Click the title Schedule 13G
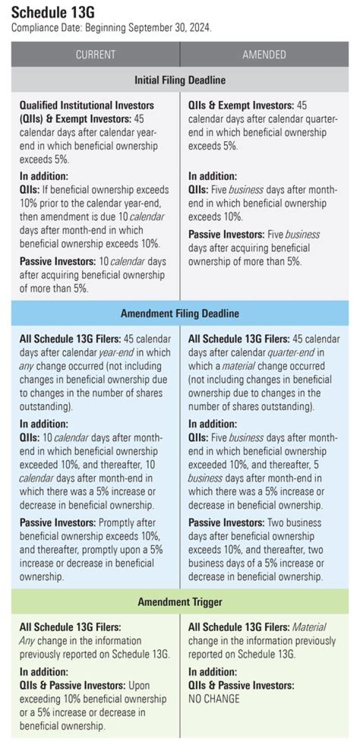53,12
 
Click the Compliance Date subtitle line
111,27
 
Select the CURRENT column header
95,54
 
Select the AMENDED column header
264,54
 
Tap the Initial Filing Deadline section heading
180,80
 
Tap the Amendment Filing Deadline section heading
180,313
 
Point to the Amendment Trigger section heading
180,601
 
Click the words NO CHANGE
214,698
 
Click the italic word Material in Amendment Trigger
309,627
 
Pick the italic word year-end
116,352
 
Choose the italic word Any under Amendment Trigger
27,641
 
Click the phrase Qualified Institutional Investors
87,105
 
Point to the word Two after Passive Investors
275,522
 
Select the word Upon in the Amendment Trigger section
139,685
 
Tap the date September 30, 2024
170,27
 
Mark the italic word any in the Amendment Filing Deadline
26,366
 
